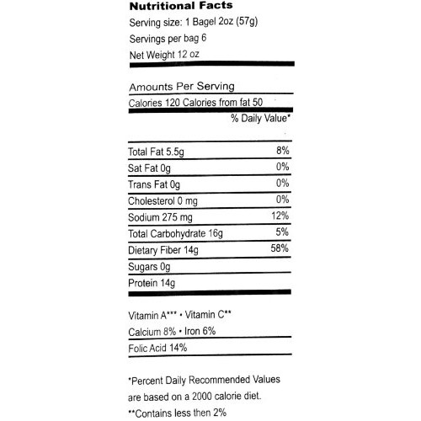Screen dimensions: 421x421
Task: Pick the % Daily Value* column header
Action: [x=260, y=119]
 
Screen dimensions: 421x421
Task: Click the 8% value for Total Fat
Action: [x=281, y=152]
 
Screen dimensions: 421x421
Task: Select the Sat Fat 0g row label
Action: [x=150, y=168]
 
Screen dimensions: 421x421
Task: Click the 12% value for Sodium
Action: [x=280, y=216]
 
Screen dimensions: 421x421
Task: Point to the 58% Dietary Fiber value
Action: [x=280, y=249]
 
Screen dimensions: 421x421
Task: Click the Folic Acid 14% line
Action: [x=157, y=347]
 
